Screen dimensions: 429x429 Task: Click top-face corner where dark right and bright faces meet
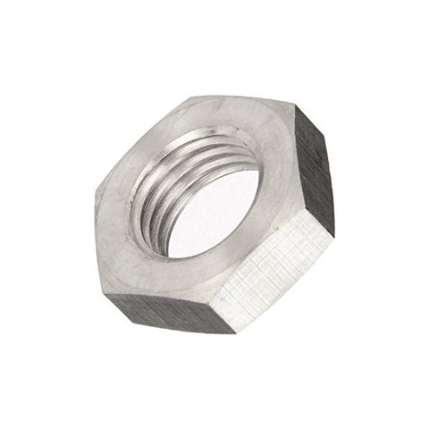tap(308, 219)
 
